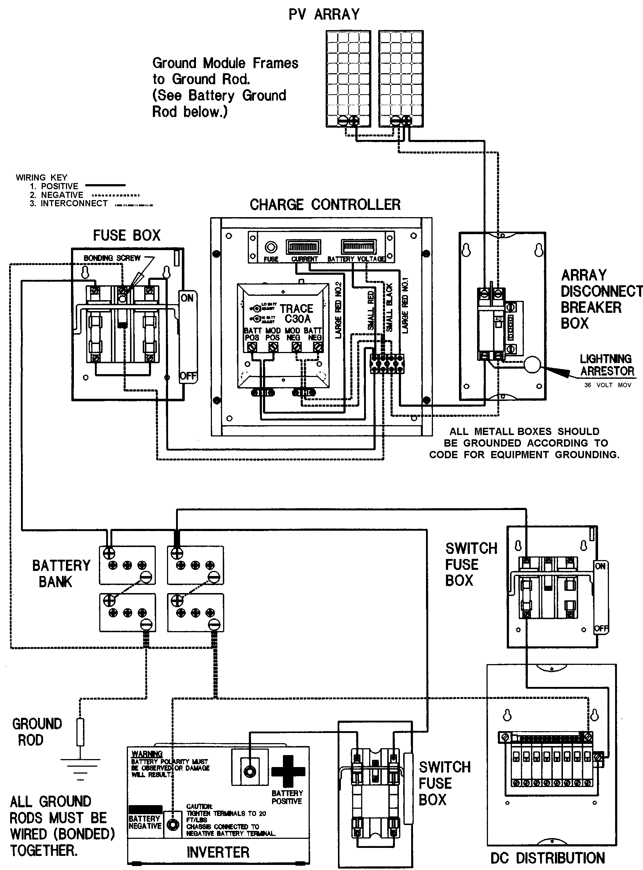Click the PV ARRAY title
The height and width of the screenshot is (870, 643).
[324, 14]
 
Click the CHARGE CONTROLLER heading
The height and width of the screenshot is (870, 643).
[325, 205]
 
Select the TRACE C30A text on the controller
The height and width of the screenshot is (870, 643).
[297, 314]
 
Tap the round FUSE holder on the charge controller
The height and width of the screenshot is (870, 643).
[271, 247]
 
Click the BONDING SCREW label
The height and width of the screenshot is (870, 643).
[112, 258]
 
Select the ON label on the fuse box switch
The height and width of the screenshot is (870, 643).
[187, 298]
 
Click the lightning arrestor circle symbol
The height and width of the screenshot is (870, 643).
[532, 365]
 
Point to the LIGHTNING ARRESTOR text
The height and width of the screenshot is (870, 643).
[606, 365]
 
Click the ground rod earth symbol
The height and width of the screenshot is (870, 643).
[80, 767]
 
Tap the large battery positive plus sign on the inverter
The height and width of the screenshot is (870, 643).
[288, 771]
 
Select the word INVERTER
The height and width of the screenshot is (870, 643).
[218, 853]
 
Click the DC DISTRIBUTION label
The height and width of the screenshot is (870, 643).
[547, 858]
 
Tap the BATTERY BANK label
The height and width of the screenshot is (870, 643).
[61, 573]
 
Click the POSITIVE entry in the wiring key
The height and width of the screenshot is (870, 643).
[59, 186]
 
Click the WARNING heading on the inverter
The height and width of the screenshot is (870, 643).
[147, 754]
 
